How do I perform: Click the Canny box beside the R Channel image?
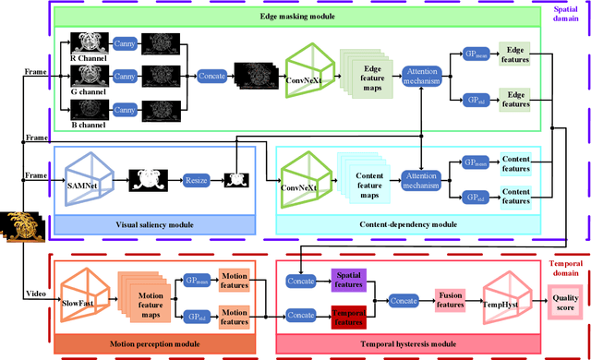click(x=125, y=43)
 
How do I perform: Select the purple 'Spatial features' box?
click(x=348, y=278)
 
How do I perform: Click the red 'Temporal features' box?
click(x=348, y=318)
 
